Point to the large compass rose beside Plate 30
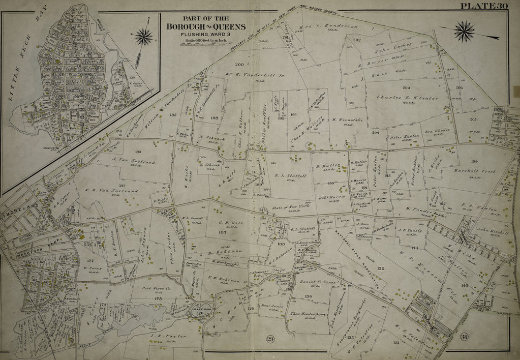click(465, 31)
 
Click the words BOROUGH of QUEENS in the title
click(205, 27)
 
